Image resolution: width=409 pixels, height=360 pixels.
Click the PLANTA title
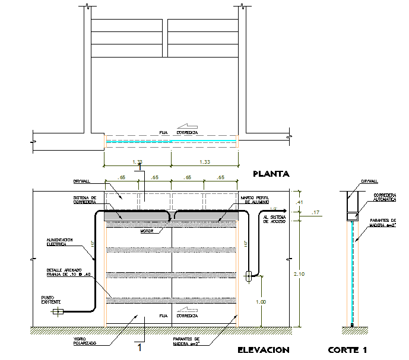270,174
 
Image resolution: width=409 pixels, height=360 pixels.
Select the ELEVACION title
263,350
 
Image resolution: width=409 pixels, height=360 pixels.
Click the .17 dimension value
315,212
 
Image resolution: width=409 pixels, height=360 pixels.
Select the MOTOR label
147,231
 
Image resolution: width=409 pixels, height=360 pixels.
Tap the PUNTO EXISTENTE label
50,300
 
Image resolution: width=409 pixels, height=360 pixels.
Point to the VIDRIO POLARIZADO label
83,342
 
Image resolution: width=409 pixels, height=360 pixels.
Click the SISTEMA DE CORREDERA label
85,199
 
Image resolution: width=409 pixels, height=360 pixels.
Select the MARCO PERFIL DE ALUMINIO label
255,199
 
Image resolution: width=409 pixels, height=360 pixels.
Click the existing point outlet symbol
58,311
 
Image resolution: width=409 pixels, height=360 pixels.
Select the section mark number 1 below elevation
139,347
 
